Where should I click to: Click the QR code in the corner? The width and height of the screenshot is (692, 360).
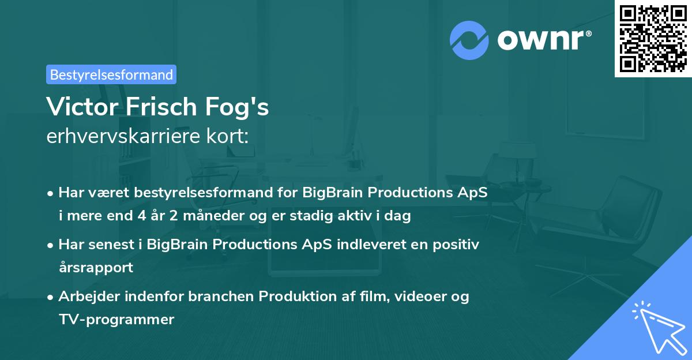click(x=653, y=39)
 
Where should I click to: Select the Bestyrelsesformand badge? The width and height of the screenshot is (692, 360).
click(x=111, y=74)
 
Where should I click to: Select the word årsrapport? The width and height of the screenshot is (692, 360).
click(x=96, y=268)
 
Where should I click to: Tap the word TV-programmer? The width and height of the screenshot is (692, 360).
click(x=116, y=319)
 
